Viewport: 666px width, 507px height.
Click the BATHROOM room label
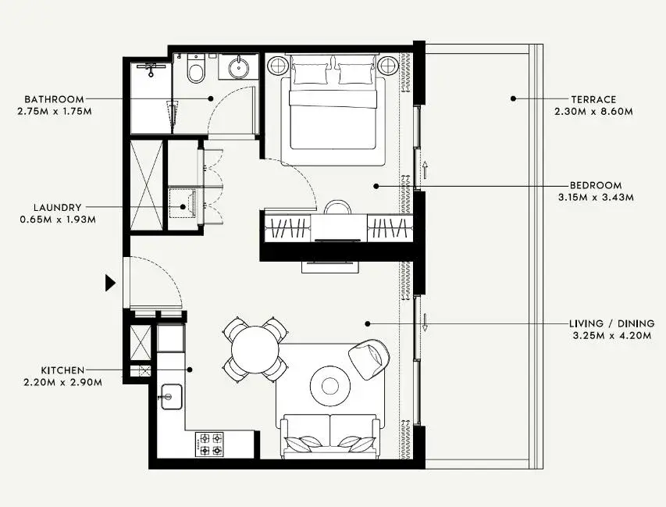[x=54, y=99]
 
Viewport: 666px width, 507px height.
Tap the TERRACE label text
[x=593, y=100]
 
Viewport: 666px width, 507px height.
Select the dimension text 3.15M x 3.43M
[x=596, y=198]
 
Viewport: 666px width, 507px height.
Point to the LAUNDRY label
[x=57, y=208]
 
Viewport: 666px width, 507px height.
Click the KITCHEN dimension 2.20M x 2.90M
[x=63, y=383]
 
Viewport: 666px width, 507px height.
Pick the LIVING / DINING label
[x=611, y=324]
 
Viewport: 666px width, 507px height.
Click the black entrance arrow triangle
[x=110, y=283]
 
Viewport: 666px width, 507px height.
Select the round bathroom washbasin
[x=239, y=67]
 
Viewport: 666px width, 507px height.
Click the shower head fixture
[x=151, y=69]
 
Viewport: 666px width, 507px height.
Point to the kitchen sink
[x=172, y=397]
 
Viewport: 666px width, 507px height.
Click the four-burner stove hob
[x=209, y=444]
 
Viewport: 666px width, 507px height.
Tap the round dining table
[x=255, y=349]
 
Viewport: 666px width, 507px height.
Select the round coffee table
[x=330, y=386]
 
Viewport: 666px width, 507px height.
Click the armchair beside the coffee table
[x=369, y=359]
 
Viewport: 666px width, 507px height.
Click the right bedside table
[x=388, y=66]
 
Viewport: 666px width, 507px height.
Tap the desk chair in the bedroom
[x=337, y=207]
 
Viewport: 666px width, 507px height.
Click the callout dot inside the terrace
[x=513, y=98]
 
